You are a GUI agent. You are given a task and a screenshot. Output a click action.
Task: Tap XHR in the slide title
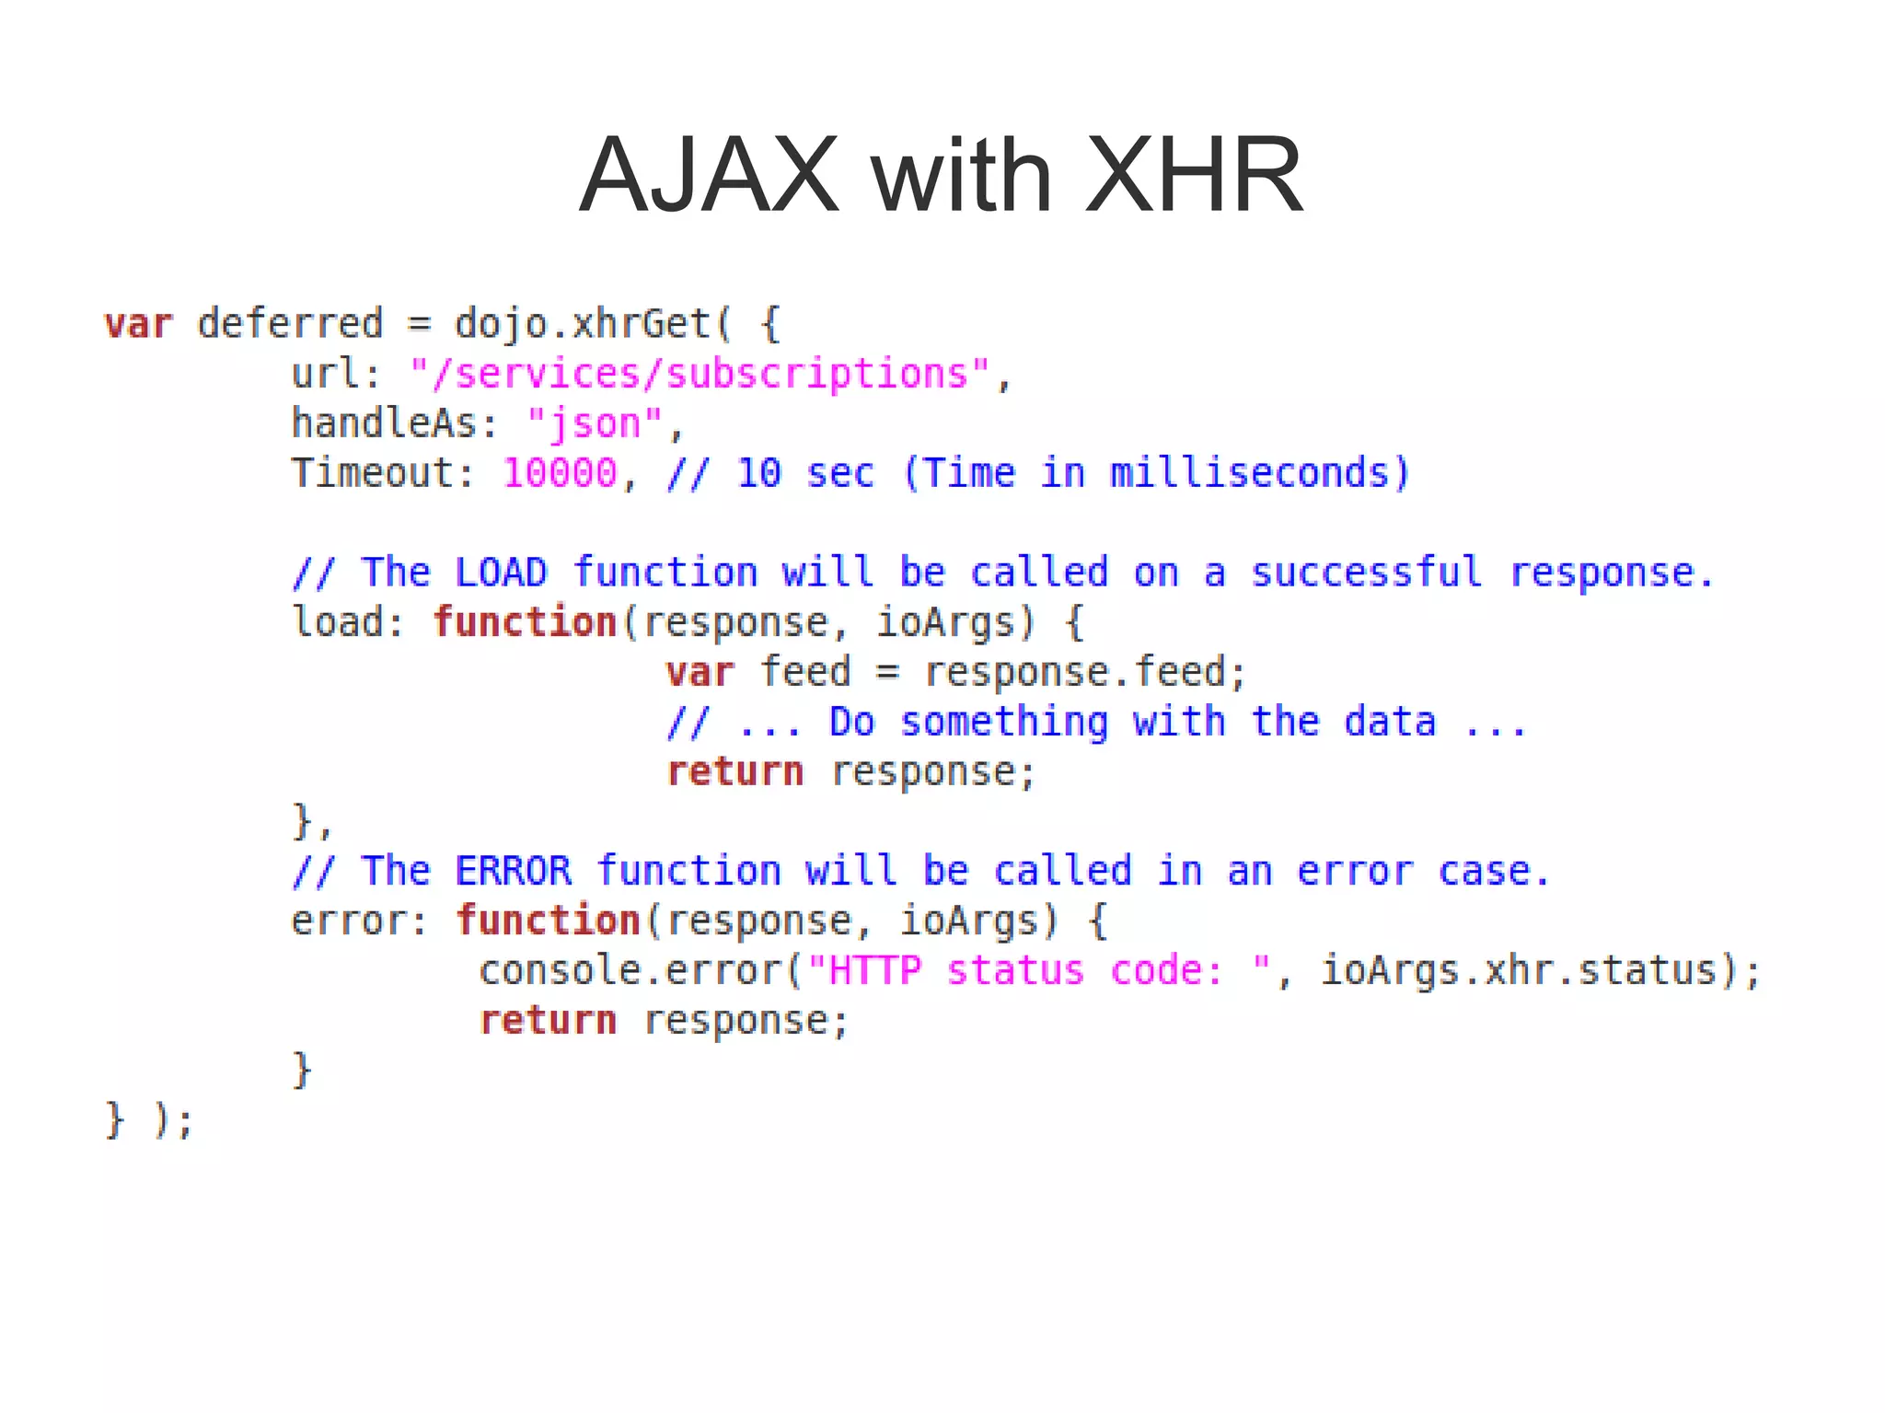[x=1194, y=175]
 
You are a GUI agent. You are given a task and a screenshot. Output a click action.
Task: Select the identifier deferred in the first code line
[x=290, y=324]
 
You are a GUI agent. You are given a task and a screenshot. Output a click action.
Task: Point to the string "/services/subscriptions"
[x=700, y=374]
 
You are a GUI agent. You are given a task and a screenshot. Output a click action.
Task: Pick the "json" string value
[x=595, y=423]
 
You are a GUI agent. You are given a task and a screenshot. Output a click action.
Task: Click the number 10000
[x=560, y=473]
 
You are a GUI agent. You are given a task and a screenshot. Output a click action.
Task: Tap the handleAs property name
[x=384, y=423]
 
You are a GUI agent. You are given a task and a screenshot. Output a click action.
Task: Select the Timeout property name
[x=372, y=473]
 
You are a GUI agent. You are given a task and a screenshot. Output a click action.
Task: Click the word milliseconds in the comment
[x=1249, y=473]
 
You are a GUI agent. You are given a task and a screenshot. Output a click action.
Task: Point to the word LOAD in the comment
[x=501, y=573]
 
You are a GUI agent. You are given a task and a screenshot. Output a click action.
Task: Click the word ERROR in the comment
[x=513, y=871]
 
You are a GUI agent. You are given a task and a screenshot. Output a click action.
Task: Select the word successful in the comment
[x=1366, y=573]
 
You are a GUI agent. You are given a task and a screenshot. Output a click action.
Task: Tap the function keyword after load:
[x=525, y=622]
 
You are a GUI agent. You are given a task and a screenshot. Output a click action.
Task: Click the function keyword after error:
[x=548, y=921]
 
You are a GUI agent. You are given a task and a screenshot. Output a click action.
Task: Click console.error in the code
[x=630, y=970]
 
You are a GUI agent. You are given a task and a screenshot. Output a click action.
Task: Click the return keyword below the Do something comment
[x=734, y=771]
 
